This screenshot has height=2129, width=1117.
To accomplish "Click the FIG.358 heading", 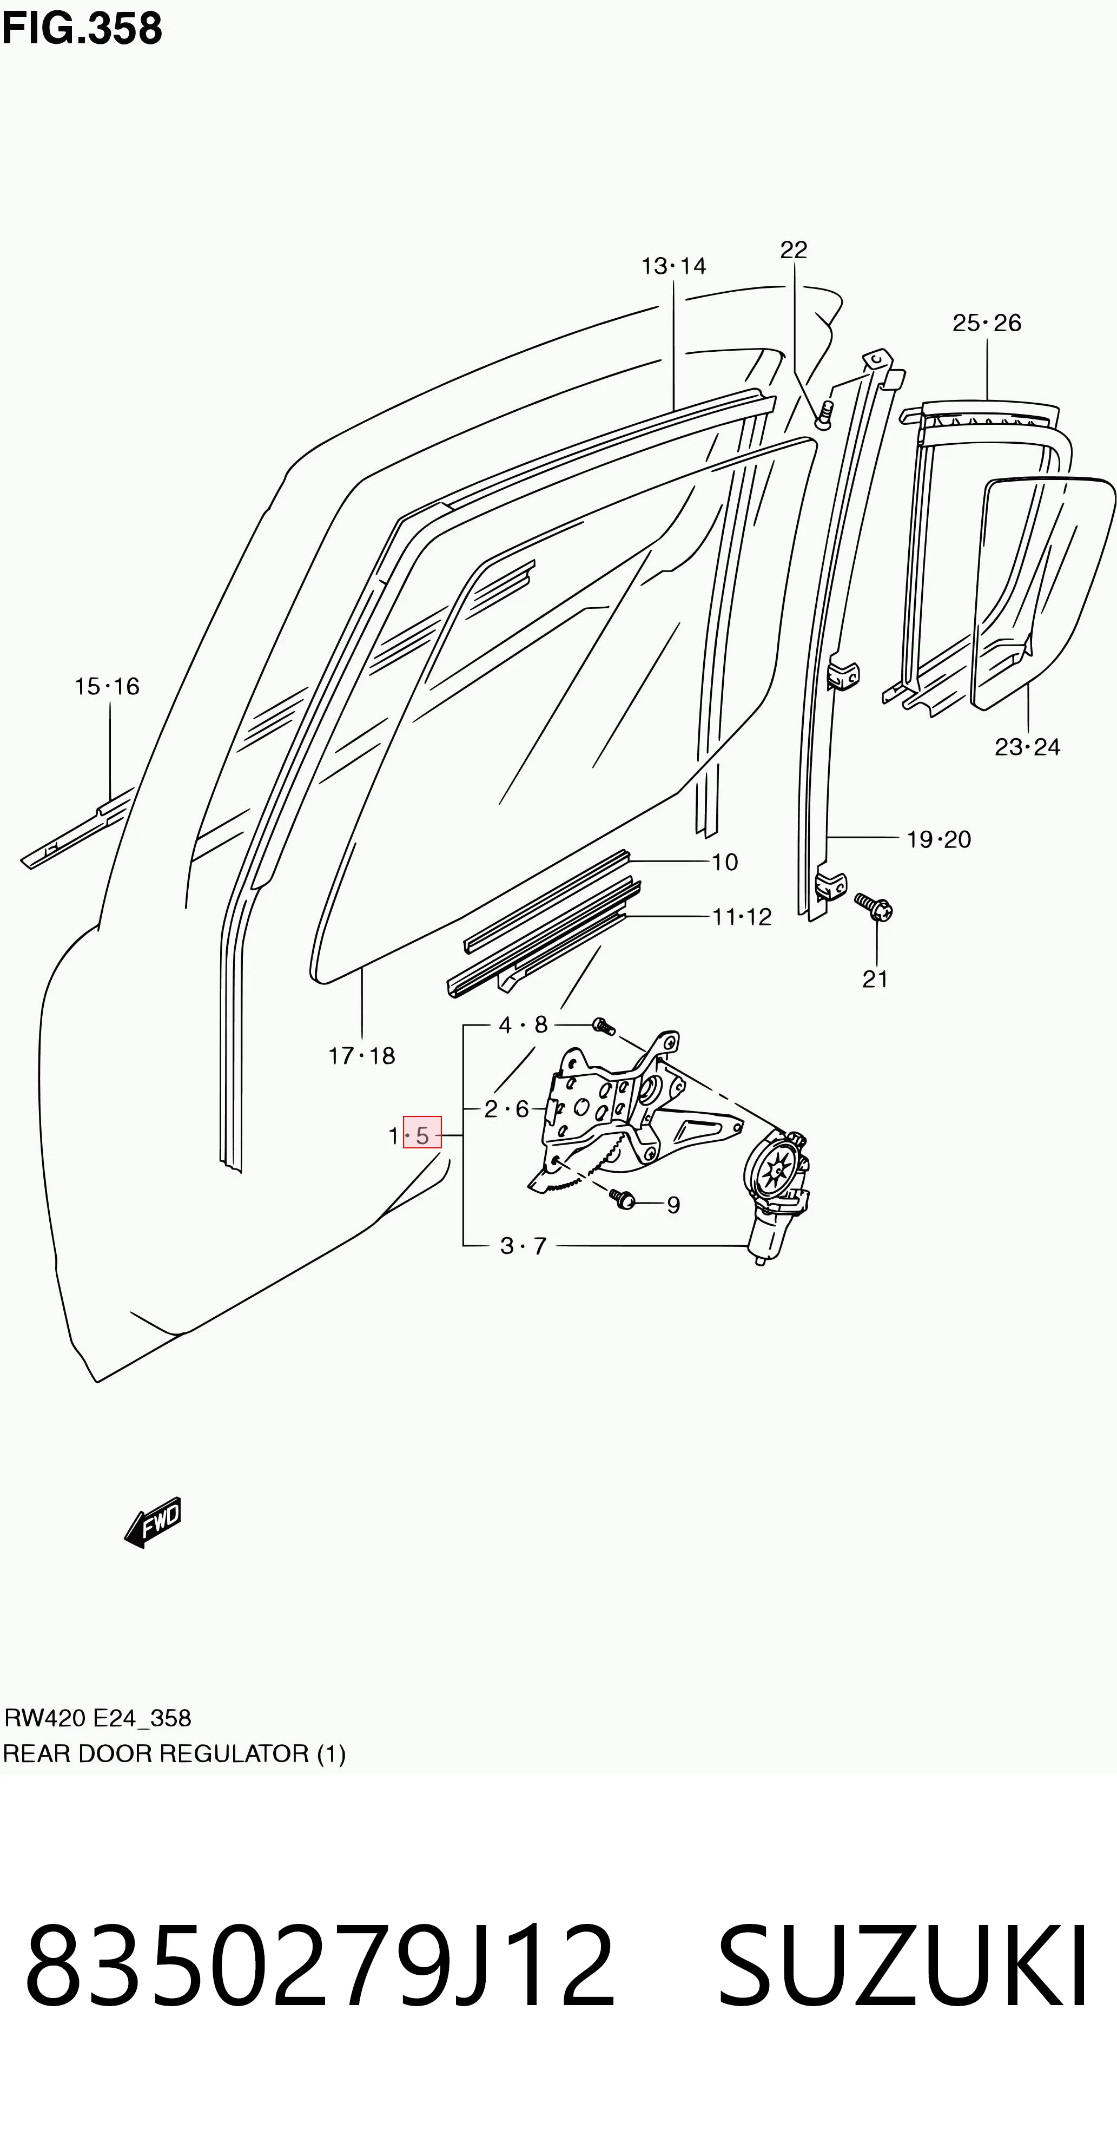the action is [x=82, y=28].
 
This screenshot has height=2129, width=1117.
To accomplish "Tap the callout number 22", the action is [x=793, y=249].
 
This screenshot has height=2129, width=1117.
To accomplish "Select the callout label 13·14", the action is [x=674, y=266].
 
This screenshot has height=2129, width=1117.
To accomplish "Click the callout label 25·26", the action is [x=987, y=323].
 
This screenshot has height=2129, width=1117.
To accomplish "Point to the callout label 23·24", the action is [x=1027, y=747].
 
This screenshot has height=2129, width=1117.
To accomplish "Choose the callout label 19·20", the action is [x=938, y=840].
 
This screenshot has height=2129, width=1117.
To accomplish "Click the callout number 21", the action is [x=875, y=980].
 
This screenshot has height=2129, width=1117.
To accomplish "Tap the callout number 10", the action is [x=725, y=862].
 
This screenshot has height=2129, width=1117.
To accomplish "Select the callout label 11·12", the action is [x=742, y=917].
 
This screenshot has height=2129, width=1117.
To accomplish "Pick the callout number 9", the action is [x=673, y=1205].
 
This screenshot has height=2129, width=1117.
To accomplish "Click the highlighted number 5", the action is [x=422, y=1135].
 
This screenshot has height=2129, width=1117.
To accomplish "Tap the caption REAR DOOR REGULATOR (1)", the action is [x=174, y=1755].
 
